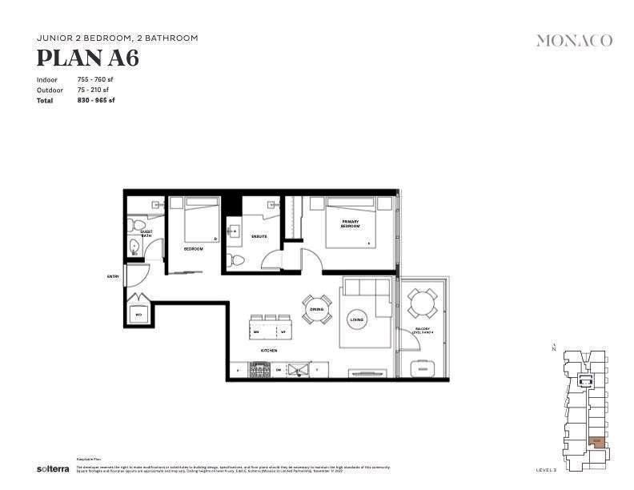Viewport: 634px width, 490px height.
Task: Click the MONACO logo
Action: coord(574,40)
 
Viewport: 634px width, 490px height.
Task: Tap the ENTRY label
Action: coord(113,276)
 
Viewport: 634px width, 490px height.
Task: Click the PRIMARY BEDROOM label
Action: coord(350,223)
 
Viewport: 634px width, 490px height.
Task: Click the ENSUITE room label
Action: coord(259,237)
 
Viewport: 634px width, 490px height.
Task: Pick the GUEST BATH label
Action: coord(146,234)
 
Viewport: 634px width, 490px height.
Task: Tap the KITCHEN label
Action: coord(268,351)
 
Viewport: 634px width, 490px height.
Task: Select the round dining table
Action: coord(316,309)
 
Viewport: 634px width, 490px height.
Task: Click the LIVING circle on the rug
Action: coord(356,320)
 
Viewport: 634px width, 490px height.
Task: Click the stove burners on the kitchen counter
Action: coord(259,370)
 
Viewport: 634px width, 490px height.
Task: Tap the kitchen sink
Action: coord(299,370)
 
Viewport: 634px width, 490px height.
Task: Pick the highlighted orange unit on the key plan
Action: coord(596,440)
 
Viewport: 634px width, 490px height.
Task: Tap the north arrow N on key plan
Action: coord(553,347)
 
